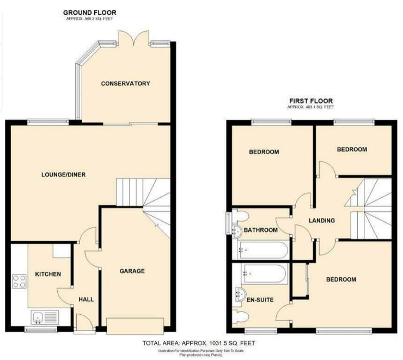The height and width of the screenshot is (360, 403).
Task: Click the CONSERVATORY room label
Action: (125, 83)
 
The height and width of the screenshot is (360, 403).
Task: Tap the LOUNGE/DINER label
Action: (64, 175)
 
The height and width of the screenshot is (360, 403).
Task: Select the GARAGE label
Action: (132, 271)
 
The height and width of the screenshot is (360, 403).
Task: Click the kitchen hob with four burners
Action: (19, 282)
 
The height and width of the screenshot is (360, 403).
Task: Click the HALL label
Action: (86, 300)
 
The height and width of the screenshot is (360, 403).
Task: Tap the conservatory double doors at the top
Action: (133, 38)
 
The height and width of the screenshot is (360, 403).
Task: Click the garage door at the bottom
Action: (135, 326)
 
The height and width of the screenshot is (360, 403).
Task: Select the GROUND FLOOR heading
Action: (89, 13)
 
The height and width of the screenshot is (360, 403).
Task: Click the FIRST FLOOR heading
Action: (311, 101)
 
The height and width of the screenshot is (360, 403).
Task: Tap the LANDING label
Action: (322, 221)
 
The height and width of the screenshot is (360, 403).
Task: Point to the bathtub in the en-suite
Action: (265, 274)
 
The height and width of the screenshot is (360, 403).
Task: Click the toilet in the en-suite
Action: (240, 315)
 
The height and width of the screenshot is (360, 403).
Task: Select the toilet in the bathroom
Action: (240, 216)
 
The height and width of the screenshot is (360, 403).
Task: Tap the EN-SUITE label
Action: (260, 300)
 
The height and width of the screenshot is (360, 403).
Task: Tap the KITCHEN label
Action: (48, 274)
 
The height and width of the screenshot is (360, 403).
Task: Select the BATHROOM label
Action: (261, 230)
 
